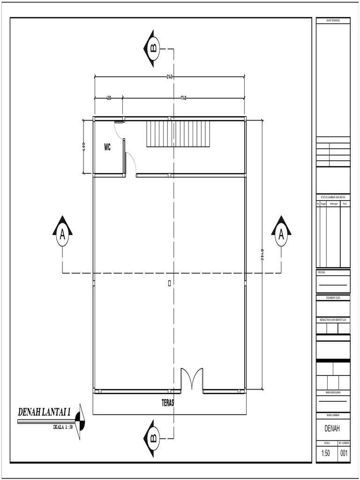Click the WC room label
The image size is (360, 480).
pyautogui.click(x=107, y=148)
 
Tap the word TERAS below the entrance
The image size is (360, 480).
pyautogui.click(x=168, y=402)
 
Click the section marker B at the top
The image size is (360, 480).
pyautogui.click(x=154, y=48)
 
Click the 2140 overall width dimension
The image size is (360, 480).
pyautogui.click(x=169, y=76)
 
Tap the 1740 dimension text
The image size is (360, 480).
pyautogui.click(x=184, y=98)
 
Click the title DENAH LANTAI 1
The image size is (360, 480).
pyautogui.click(x=44, y=412)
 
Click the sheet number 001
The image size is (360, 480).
pyautogui.click(x=344, y=453)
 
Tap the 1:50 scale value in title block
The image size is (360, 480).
pyautogui.click(x=326, y=453)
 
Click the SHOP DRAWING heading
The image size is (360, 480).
pyautogui.click(x=333, y=21)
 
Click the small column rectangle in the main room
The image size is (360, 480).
pyautogui.click(x=169, y=283)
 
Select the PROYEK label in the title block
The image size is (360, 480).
pyautogui.click(x=322, y=272)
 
